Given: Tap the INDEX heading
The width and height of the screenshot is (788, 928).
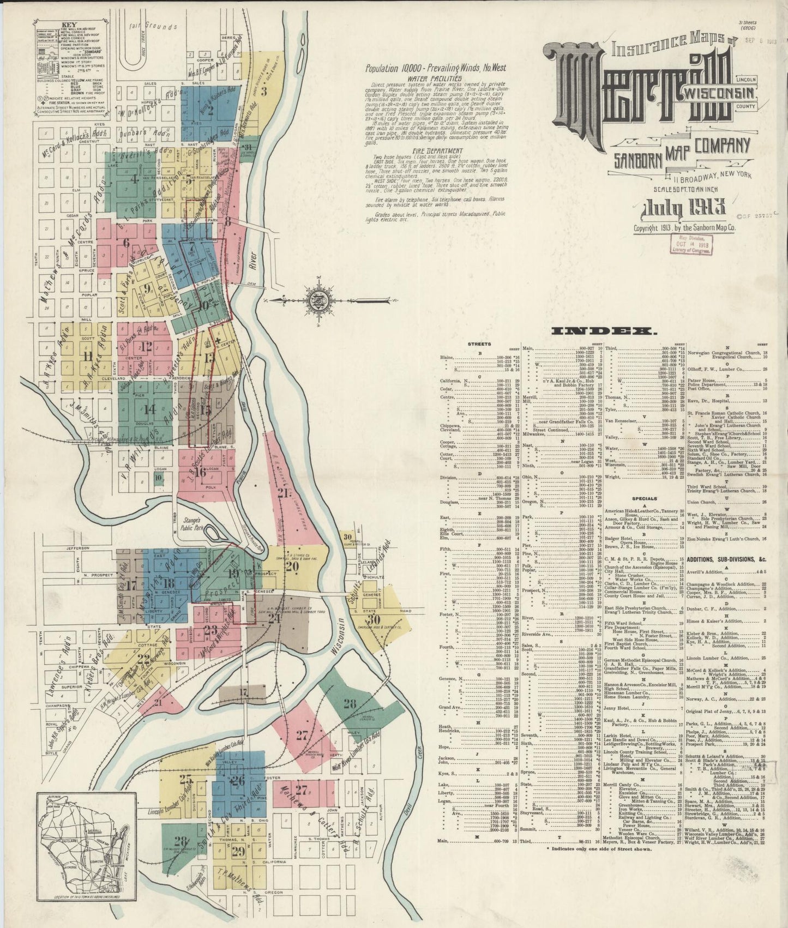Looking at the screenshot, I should point(604,331).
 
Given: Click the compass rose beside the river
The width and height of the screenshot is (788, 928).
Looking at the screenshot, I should point(316,299).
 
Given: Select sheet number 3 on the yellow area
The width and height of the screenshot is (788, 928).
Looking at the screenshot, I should point(263,91).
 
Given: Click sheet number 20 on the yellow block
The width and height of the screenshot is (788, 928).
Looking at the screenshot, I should point(292,567).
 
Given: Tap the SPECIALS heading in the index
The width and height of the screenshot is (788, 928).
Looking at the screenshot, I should point(644,498).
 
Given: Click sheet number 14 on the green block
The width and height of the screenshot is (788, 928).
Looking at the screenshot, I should point(149,409).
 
